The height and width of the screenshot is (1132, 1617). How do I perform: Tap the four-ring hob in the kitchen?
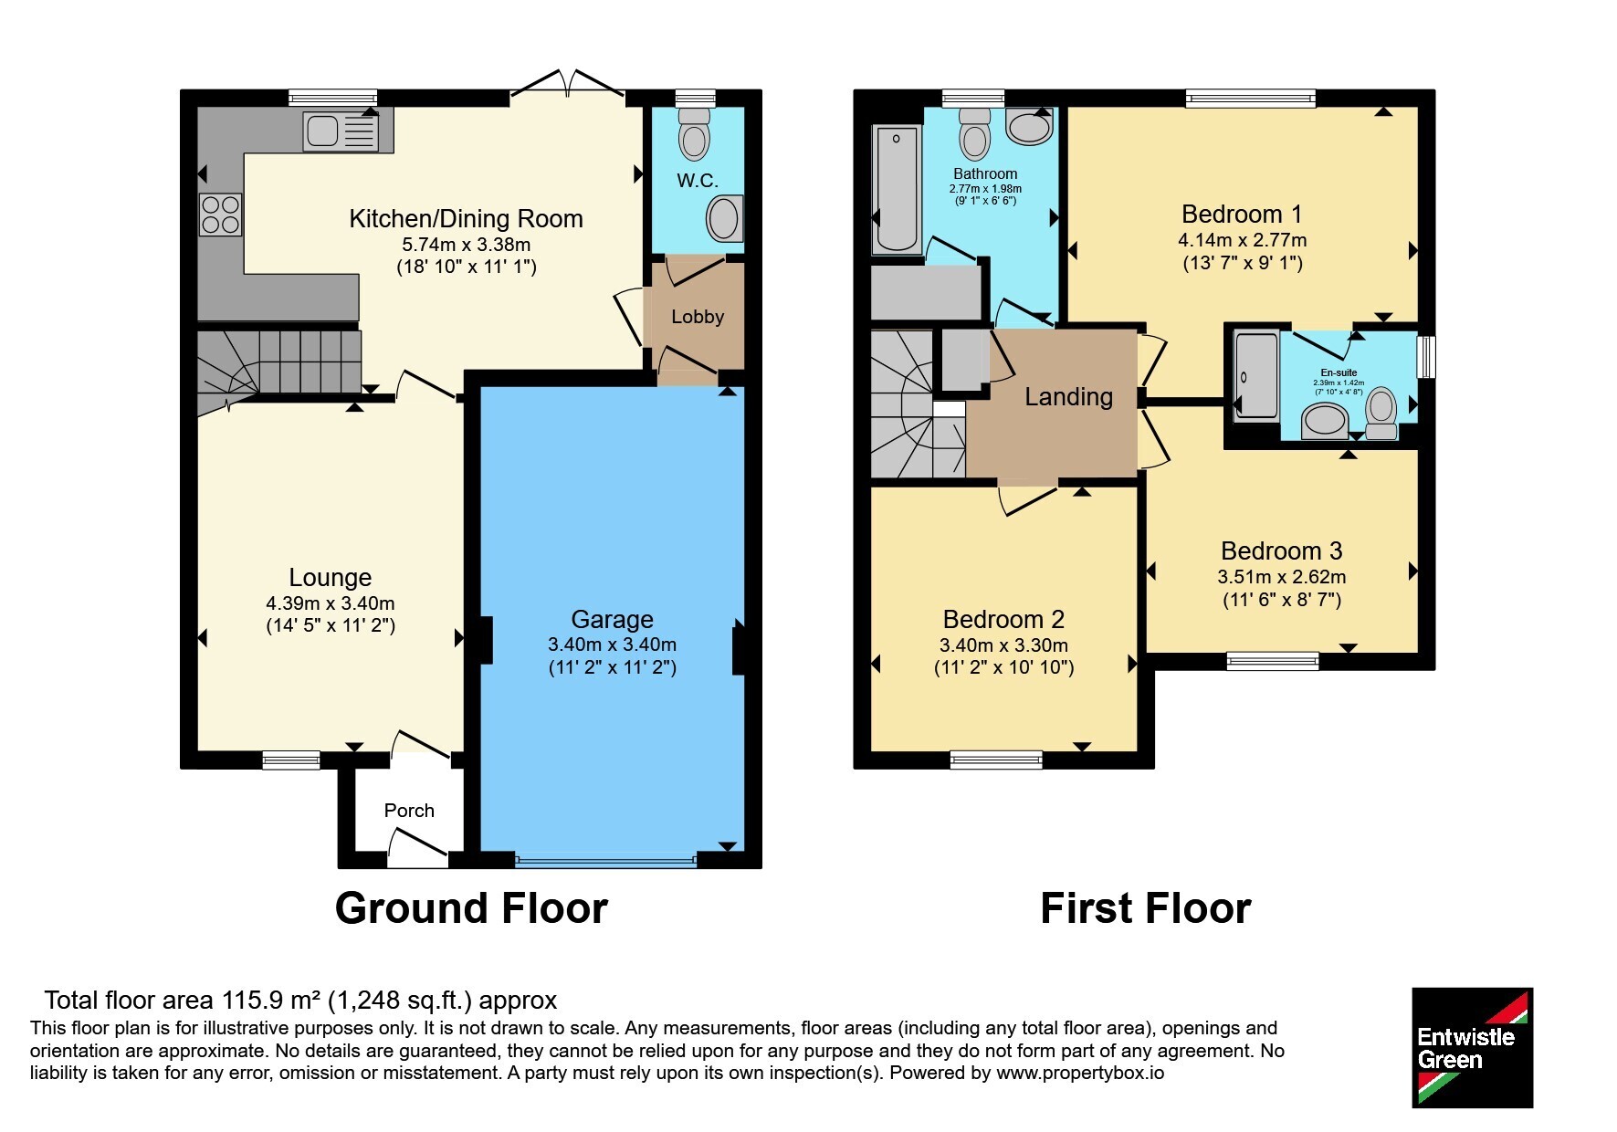click(x=220, y=215)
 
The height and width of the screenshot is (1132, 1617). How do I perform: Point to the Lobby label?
click(x=698, y=317)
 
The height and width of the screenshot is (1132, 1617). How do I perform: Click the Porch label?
click(x=409, y=811)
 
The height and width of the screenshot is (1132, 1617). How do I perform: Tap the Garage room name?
click(x=613, y=619)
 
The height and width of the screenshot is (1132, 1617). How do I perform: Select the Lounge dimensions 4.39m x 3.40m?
click(x=331, y=603)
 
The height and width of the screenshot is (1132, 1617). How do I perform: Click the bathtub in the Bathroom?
click(x=897, y=189)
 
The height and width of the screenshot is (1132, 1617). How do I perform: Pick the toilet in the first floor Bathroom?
click(x=975, y=133)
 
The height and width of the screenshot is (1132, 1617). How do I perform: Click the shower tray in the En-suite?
click(x=1257, y=375)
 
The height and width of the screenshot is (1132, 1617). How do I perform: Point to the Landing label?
click(x=1068, y=396)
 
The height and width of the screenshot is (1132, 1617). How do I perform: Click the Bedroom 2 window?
click(x=996, y=759)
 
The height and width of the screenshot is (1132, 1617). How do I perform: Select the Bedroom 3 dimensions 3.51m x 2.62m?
click(x=1282, y=577)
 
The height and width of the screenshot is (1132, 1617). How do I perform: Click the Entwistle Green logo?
click(x=1472, y=1048)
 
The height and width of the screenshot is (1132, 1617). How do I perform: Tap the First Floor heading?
click(x=1146, y=908)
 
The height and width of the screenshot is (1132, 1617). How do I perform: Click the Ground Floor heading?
click(x=471, y=908)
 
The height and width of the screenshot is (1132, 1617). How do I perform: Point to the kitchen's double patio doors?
click(x=567, y=84)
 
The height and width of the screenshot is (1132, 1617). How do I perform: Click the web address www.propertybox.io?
click(x=1080, y=1073)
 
